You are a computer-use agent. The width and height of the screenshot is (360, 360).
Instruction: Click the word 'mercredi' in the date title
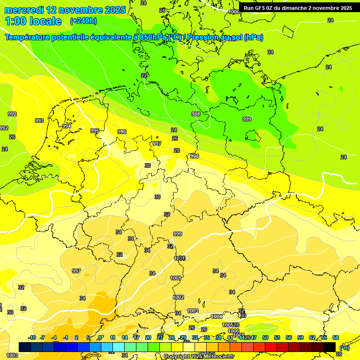pos(23,10)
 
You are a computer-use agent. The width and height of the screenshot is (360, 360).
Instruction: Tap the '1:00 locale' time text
pos(33,21)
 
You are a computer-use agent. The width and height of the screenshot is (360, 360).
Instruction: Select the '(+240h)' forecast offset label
pos(83,21)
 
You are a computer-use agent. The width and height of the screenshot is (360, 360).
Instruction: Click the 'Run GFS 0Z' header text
pos(263,8)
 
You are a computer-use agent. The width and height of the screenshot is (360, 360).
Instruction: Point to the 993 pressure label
pos(39,120)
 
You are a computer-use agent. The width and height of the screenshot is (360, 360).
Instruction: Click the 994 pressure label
pos(67,126)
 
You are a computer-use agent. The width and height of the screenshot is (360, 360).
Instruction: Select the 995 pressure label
pos(95,131)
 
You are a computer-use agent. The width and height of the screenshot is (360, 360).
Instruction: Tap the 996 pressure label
pos(122,132)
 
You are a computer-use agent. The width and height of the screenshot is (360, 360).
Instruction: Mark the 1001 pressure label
pos(176,278)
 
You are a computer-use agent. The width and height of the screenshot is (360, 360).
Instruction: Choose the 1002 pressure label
pos(178,297)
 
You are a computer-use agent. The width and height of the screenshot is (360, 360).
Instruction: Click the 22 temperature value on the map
pos(144,75)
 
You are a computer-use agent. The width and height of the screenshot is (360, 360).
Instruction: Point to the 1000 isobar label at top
pos(235,12)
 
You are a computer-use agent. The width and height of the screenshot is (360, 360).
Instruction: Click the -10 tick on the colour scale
pos(32,337)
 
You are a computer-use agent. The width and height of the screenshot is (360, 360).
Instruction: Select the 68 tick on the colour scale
pos(336,337)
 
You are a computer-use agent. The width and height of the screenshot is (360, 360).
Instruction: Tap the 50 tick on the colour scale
pos(265,337)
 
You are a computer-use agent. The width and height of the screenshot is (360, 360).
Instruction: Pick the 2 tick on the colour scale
pos(76,337)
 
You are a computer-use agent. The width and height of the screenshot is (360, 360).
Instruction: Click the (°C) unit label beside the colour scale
pos(344,347)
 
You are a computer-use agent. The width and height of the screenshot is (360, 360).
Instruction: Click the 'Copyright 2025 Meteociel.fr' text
pos(199,356)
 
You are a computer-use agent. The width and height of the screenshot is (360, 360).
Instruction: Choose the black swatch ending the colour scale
pos(330,347)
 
